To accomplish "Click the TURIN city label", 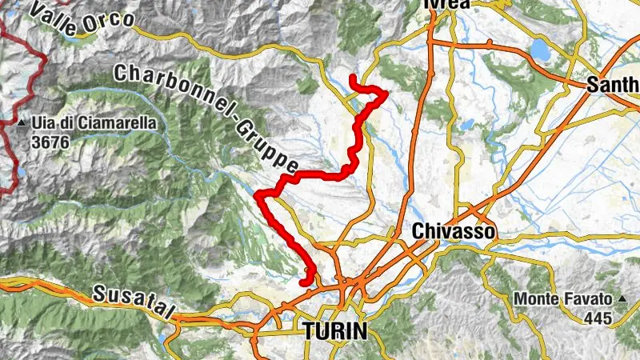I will tap(334, 330).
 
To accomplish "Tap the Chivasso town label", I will tap(454, 231).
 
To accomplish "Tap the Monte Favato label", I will tap(562, 300).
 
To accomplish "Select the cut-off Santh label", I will tap(613, 84).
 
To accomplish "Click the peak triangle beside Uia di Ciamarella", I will tap(23, 124).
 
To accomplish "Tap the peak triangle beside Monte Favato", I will tap(621, 300).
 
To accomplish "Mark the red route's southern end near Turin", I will tap(302, 282).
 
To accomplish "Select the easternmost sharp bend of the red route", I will tap(386, 94).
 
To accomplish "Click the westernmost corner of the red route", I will tap(257, 194).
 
